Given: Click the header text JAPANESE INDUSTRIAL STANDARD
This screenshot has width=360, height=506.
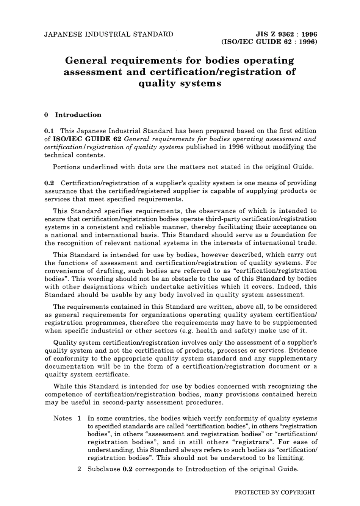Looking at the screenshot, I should point(109,34).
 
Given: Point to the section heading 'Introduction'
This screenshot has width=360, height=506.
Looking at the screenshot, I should point(78,115).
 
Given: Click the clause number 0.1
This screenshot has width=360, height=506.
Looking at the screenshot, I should point(50,131).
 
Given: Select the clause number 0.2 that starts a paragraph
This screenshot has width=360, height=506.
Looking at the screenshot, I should point(50,183).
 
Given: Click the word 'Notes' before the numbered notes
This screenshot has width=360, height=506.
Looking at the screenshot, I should point(63,418).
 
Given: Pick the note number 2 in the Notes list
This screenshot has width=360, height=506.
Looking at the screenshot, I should point(79,469).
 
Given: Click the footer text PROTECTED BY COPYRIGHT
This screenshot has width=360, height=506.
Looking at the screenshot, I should point(275,492).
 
